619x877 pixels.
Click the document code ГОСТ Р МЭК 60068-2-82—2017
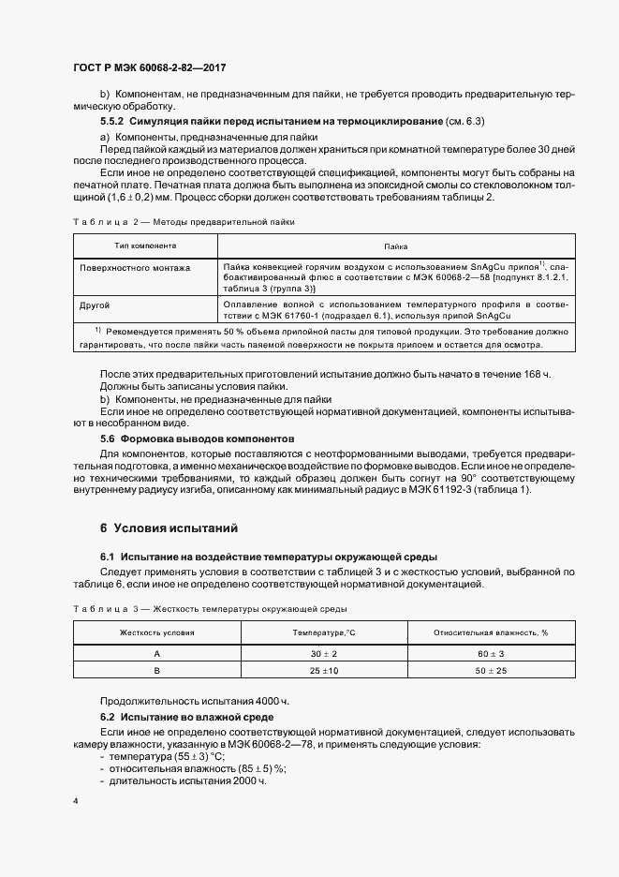click(149, 68)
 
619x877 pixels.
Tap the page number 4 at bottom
click(76, 801)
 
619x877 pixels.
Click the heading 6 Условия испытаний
click(163, 528)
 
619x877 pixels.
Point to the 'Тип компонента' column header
click(145, 245)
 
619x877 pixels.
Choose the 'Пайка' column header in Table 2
click(394, 245)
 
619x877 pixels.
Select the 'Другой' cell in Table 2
click(96, 305)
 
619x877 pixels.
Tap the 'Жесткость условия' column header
click(156, 632)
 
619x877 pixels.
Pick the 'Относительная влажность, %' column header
click(491, 632)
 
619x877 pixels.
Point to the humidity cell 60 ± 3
click(491, 653)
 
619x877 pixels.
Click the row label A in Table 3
click(156, 653)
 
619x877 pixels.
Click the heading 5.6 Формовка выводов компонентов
click(197, 438)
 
